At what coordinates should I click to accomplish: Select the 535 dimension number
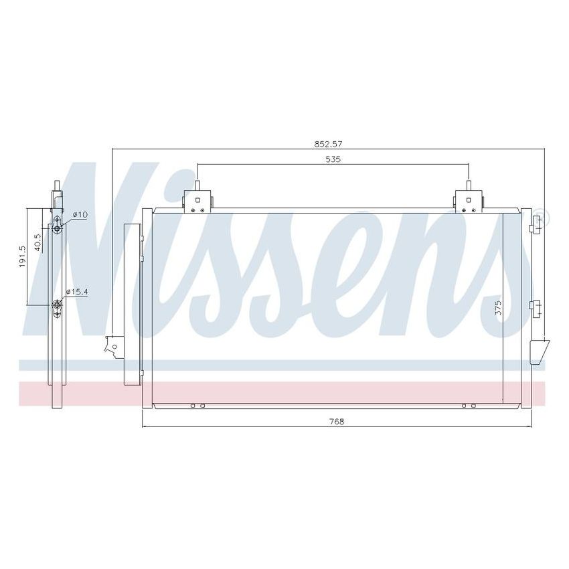(x=333, y=159)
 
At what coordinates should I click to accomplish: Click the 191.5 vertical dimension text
(x=23, y=256)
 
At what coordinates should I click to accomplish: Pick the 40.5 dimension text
(x=38, y=240)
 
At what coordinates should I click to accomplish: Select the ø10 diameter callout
(x=80, y=214)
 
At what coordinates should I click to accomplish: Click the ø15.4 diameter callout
(x=78, y=292)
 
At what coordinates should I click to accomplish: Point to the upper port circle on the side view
(x=58, y=228)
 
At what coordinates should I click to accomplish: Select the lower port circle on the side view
(x=58, y=307)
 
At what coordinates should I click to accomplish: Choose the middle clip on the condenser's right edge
(x=536, y=307)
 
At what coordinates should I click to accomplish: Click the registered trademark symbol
(x=543, y=218)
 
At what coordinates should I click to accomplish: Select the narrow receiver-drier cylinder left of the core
(x=133, y=305)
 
